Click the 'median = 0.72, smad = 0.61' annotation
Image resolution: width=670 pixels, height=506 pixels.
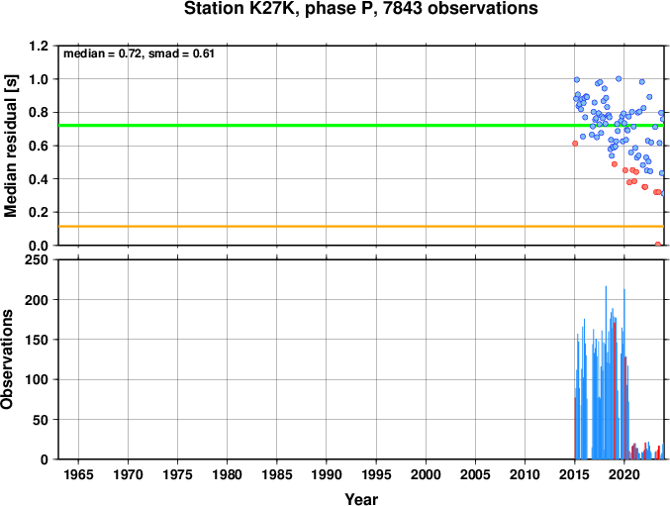(x=139, y=53)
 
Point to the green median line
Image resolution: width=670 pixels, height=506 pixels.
(x=361, y=125)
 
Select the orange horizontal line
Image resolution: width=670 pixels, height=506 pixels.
(x=361, y=226)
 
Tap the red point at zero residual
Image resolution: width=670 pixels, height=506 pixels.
(x=657, y=245)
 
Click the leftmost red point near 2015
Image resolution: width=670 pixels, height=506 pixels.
(x=575, y=144)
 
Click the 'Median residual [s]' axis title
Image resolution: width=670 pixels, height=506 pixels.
(x=11, y=146)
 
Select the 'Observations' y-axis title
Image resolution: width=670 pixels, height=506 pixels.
(x=7, y=359)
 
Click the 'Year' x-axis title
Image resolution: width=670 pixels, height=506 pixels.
(x=361, y=499)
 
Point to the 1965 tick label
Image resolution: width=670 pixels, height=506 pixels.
(x=78, y=474)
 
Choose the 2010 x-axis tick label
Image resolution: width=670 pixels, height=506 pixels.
(x=525, y=474)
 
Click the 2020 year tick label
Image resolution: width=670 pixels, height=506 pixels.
(x=624, y=474)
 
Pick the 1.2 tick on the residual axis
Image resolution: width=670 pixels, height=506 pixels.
(x=39, y=46)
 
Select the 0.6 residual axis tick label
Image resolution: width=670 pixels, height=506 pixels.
(x=39, y=146)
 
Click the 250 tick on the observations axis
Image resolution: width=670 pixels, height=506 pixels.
(x=37, y=259)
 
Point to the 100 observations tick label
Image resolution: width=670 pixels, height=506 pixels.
(x=37, y=379)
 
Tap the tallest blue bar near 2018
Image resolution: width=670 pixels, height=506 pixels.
(x=606, y=372)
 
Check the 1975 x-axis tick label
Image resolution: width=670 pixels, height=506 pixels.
(x=177, y=474)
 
